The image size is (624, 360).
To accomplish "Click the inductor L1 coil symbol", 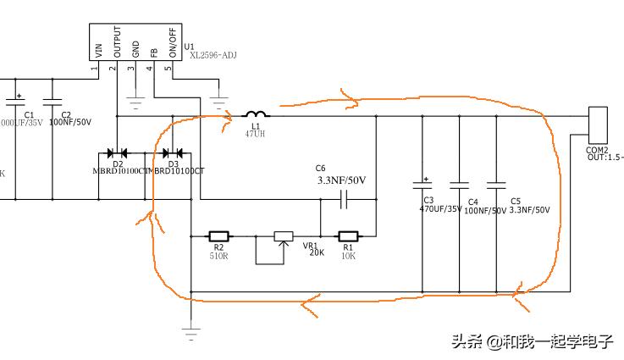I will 255,114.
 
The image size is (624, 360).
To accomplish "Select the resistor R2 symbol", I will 218,237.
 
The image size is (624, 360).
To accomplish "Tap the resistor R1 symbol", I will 349,237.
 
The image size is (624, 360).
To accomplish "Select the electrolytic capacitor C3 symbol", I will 421,184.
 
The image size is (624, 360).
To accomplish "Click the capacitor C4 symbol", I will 459,184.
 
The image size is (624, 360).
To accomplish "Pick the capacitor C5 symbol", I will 496,184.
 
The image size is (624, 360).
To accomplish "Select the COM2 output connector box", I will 598,125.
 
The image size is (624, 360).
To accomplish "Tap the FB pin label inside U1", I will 154,52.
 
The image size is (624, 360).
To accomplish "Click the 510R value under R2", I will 219,255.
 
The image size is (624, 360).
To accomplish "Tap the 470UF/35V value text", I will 438,208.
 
